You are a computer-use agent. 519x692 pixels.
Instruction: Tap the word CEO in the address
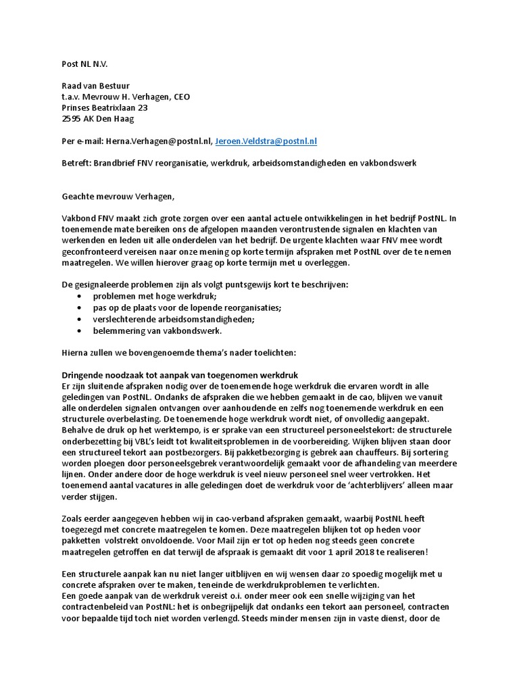coord(181,97)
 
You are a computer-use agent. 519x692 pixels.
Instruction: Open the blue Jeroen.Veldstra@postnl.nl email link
coord(266,141)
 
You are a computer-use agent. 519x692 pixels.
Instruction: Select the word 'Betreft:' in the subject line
coord(70,163)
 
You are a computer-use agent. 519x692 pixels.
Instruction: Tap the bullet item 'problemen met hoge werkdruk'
coord(155,296)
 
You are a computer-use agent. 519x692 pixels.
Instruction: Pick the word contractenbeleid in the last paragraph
coord(91,607)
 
